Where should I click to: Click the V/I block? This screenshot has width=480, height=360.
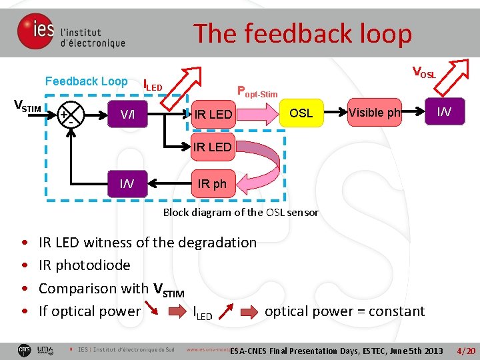click(128, 115)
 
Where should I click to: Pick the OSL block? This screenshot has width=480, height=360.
click(301, 113)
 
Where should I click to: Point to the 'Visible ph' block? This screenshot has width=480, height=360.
click(374, 113)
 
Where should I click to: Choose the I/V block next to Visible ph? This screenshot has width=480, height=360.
click(443, 112)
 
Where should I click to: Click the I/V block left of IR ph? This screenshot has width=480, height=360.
click(127, 183)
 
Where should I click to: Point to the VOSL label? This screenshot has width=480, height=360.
click(424, 72)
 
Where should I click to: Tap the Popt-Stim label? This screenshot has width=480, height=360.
click(257, 91)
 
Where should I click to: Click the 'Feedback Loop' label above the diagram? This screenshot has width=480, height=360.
click(86, 81)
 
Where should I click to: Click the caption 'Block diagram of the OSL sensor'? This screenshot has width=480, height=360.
click(241, 213)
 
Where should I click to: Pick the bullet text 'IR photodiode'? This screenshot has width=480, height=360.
click(85, 265)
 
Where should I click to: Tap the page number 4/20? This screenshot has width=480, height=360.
click(465, 351)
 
